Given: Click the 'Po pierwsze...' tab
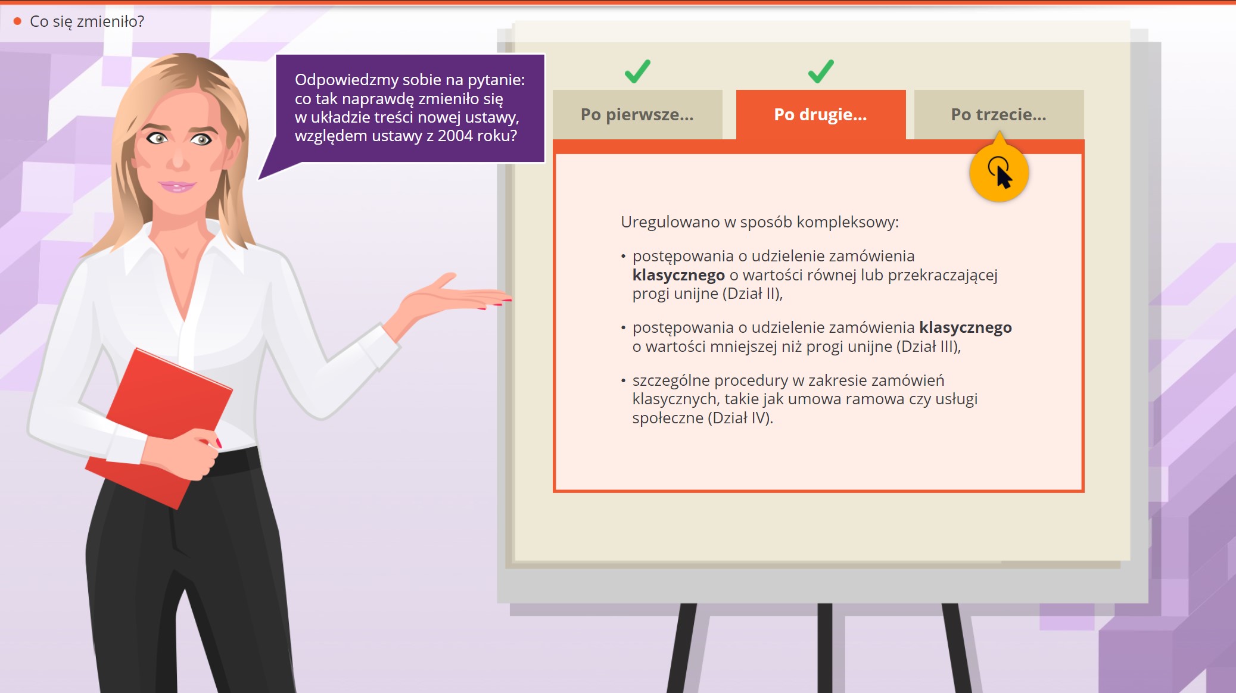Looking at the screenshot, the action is click(637, 114).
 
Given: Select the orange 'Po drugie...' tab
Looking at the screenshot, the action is click(821, 114).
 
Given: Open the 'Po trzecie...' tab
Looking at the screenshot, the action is click(999, 114).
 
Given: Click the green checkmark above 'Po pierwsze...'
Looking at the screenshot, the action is click(637, 71).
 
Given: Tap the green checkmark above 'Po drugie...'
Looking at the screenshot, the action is click(821, 71).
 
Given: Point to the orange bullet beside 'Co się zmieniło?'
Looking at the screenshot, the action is click(17, 21).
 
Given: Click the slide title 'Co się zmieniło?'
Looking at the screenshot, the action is click(87, 21).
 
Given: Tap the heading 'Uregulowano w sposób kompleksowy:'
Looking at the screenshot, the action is click(759, 222).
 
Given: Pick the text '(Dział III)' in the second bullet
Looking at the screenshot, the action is click(927, 346).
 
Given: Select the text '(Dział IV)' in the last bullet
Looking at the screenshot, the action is click(739, 418).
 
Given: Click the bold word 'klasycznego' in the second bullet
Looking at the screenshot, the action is click(966, 327).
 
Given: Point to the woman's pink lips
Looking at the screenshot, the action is click(177, 186).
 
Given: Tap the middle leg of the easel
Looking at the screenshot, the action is click(825, 648).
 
